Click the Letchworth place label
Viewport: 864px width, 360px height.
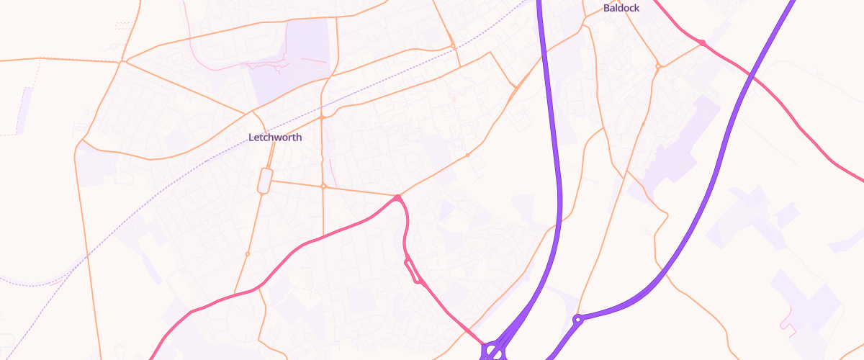pos(274,137)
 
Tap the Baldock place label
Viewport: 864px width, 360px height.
pos(620,9)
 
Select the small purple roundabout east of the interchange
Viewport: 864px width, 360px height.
pos(577,318)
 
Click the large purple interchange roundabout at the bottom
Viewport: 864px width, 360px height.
pos(493,351)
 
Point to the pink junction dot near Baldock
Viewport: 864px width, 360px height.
pos(702,43)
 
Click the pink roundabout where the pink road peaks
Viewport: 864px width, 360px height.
pos(397,197)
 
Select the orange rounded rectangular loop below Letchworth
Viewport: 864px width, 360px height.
pos(264,181)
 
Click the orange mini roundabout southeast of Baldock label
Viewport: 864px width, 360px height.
pos(658,66)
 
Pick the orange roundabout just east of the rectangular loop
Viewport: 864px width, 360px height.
pos(323,186)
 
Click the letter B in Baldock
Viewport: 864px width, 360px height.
pos(606,9)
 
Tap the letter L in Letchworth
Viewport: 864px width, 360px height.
pos(251,137)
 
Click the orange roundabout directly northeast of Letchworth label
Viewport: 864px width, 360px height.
pos(322,117)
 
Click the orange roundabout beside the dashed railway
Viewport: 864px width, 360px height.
pos(452,46)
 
